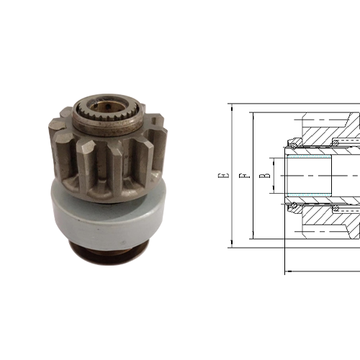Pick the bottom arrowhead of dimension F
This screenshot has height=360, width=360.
point(251,236)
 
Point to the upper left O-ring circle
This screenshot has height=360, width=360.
point(294,142)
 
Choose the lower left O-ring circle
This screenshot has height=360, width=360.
point(294,208)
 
